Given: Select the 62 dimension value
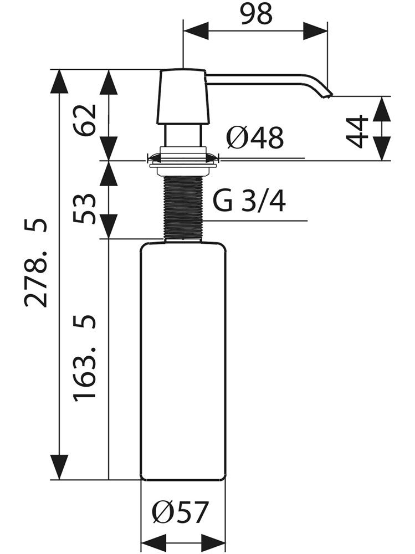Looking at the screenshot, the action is click(x=85, y=120).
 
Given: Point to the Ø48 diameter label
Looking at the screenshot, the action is click(x=255, y=138).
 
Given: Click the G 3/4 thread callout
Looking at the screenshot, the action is click(x=249, y=202).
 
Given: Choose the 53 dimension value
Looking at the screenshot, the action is click(x=85, y=208).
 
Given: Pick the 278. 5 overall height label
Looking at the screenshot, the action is click(x=35, y=263).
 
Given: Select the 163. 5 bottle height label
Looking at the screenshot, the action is click(x=85, y=357).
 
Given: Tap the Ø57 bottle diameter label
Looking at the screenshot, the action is click(x=181, y=511).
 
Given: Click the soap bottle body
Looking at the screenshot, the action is click(x=183, y=361).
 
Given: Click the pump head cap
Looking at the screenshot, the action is click(x=183, y=97).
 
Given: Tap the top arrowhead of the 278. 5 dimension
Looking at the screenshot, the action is click(x=59, y=82).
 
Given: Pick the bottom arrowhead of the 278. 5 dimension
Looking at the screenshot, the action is click(x=59, y=467).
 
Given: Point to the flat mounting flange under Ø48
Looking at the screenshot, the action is click(x=183, y=165).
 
